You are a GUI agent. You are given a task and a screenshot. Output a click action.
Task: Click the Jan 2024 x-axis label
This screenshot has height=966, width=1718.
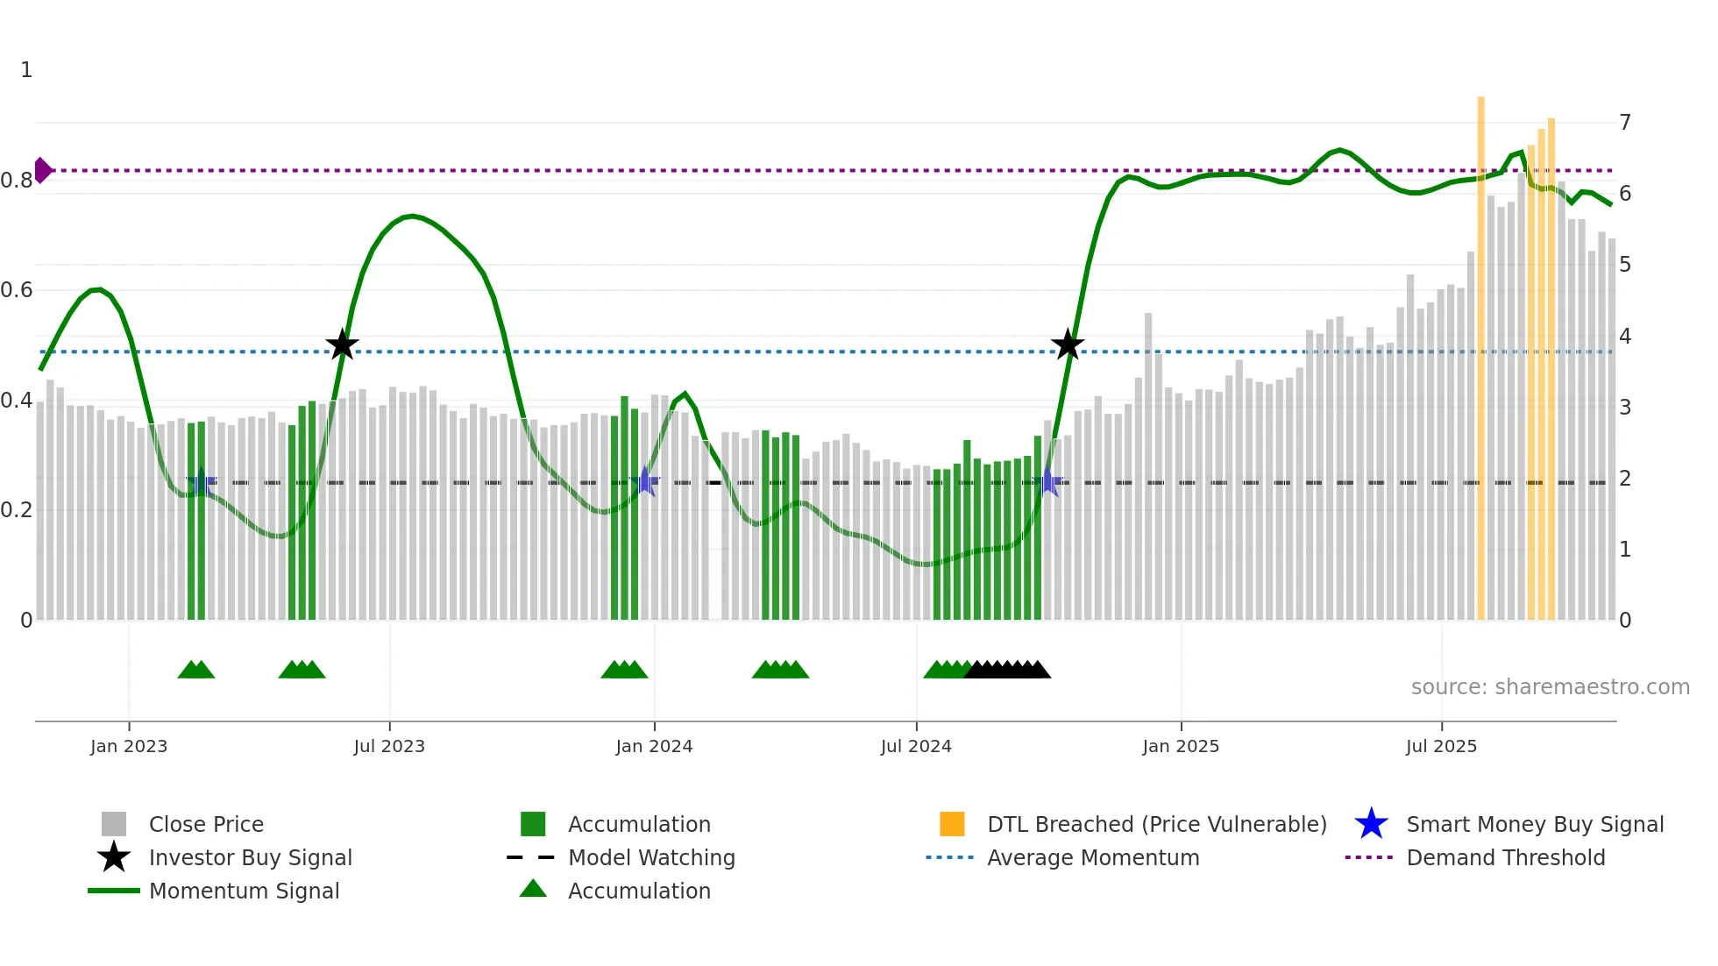pyautogui.click(x=654, y=746)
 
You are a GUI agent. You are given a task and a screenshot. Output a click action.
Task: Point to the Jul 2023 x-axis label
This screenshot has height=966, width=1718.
pyautogui.click(x=389, y=746)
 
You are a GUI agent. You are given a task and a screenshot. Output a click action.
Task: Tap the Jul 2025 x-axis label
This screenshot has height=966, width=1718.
pyautogui.click(x=1441, y=746)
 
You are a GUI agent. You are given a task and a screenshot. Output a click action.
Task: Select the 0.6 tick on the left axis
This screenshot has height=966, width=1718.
pyautogui.click(x=17, y=290)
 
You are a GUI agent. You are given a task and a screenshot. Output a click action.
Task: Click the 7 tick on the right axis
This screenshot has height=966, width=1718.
pyautogui.click(x=1625, y=123)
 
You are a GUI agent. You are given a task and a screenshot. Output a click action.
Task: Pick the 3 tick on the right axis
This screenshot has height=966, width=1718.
pyautogui.click(x=1625, y=408)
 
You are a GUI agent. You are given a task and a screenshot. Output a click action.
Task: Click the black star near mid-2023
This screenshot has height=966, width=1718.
pyautogui.click(x=342, y=345)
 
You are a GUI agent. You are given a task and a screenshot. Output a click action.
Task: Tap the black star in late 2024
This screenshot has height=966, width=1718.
pyautogui.click(x=1068, y=345)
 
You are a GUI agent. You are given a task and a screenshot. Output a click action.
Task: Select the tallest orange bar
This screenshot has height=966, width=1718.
pyautogui.click(x=1480, y=351)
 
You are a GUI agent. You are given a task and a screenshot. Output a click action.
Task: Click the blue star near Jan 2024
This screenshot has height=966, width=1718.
pyautogui.click(x=645, y=481)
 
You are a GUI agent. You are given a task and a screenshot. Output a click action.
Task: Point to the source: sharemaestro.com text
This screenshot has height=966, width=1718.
pyautogui.click(x=1550, y=687)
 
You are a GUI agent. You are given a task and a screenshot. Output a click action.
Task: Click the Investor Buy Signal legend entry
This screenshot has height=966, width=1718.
pyautogui.click(x=250, y=857)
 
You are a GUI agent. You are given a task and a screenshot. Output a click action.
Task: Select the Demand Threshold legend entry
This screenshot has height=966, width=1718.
pyautogui.click(x=1505, y=857)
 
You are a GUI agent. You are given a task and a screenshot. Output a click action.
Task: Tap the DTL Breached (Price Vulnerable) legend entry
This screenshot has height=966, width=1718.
pyautogui.click(x=1156, y=824)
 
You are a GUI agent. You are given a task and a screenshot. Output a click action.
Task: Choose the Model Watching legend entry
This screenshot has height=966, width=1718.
pyautogui.click(x=650, y=857)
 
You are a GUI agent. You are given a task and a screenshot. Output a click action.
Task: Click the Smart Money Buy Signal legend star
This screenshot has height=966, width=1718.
pyautogui.click(x=1371, y=824)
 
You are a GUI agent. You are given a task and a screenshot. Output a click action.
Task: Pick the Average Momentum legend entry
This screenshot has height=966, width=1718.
pyautogui.click(x=1092, y=857)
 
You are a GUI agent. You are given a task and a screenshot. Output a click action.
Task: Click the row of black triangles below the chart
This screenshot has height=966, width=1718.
pyautogui.click(x=1007, y=670)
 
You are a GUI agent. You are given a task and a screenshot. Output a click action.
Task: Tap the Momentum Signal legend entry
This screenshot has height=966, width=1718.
pyautogui.click(x=244, y=891)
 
